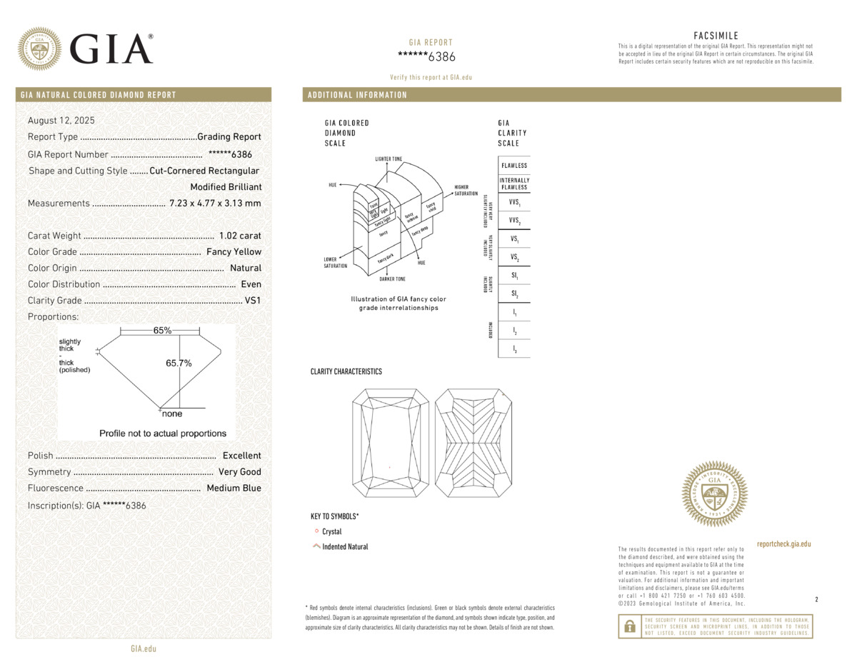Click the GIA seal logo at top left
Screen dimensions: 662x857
[39, 49]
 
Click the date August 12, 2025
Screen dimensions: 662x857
[61, 121]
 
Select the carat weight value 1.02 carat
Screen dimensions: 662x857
[240, 236]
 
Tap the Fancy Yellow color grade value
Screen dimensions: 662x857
[234, 252]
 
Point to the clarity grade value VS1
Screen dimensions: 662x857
[253, 301]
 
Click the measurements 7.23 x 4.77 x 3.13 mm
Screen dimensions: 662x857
[215, 204]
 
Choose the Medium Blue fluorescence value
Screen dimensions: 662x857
[234, 488]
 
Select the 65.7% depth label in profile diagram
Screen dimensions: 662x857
[179, 363]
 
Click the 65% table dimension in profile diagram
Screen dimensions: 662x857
[162, 331]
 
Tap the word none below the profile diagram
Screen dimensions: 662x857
[172, 414]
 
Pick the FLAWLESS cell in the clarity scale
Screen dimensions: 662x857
[514, 166]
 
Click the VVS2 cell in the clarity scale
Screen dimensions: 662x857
[514, 221]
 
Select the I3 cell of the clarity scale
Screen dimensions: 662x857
[514, 348]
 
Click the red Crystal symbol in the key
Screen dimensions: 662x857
[316, 531]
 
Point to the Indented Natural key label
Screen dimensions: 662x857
[345, 547]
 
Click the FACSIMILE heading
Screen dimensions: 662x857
[716, 36]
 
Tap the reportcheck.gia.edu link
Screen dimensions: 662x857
[783, 544]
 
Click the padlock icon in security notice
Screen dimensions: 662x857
[629, 626]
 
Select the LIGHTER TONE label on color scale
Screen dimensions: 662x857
[389, 158]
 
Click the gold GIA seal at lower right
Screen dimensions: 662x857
[715, 493]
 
